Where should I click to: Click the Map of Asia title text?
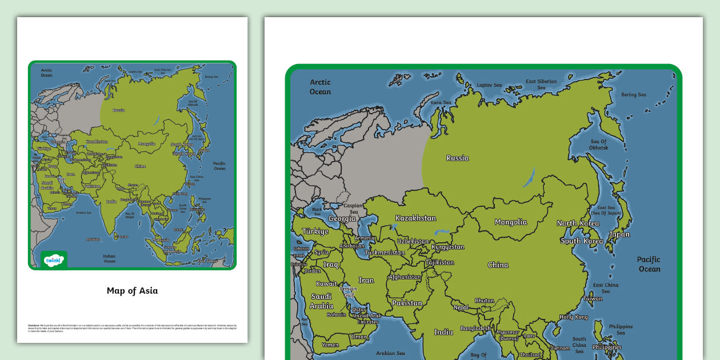(132, 291)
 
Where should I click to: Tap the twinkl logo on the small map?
(54, 260)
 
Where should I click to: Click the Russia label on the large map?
(457, 158)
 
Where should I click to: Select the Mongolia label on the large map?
(511, 222)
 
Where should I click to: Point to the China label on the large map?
(498, 265)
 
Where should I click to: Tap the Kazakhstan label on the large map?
(415, 218)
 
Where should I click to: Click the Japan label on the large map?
(619, 234)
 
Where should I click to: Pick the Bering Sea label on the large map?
(634, 95)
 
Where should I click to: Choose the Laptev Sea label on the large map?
(489, 85)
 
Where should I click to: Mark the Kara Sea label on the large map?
(441, 103)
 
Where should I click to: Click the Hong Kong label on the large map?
(573, 317)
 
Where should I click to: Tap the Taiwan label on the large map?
(593, 298)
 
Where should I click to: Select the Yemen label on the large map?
(330, 345)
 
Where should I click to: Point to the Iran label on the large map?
(366, 281)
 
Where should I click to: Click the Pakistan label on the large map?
(407, 303)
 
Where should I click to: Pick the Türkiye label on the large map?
(315, 231)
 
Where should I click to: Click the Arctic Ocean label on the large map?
(320, 87)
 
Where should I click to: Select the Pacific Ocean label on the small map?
(219, 166)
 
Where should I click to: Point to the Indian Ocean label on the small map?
(109, 258)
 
